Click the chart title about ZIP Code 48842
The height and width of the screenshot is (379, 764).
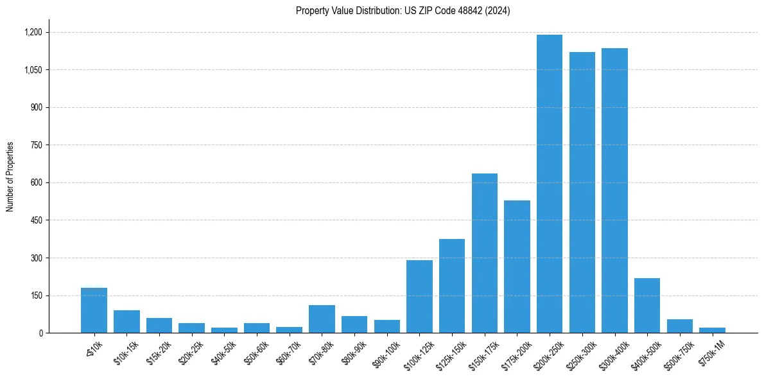[403, 10]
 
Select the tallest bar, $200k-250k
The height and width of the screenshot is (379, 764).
[550, 184]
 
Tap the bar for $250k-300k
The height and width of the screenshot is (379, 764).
[582, 193]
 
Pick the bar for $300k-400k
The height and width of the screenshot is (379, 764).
[614, 191]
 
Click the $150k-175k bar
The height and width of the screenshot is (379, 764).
[484, 253]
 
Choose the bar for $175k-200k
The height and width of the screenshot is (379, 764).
[517, 267]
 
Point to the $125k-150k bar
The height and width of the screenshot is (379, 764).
[452, 286]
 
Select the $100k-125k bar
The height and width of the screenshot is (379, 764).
[419, 297]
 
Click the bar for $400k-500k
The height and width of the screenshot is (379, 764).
[647, 306]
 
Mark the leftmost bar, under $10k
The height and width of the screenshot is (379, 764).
[94, 311]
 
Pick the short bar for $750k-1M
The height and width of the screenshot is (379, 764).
[712, 330]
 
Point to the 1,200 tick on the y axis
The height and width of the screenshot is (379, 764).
[33, 32]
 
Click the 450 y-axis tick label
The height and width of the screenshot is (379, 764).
[36, 220]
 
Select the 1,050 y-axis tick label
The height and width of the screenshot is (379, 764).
[33, 70]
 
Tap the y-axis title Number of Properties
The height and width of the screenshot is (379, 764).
[10, 177]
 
